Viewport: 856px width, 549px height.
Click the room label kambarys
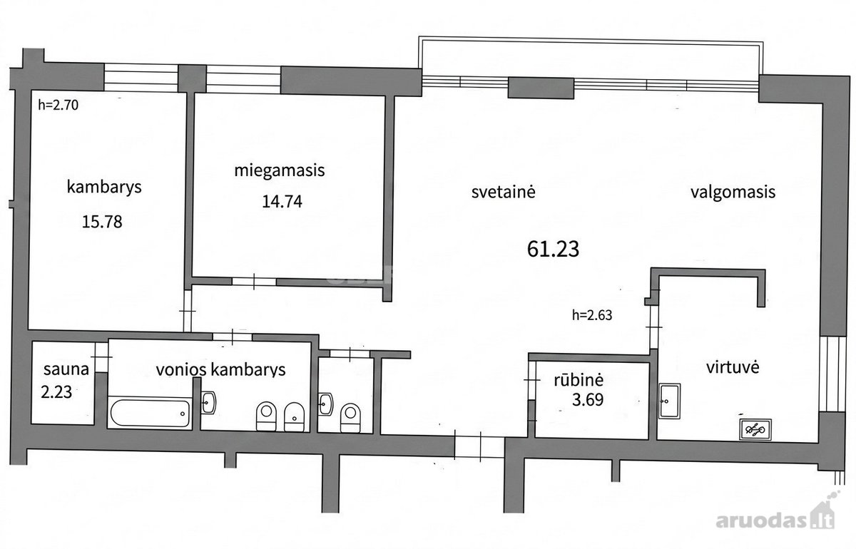pos(104,188)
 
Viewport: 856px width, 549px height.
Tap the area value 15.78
pos(102,222)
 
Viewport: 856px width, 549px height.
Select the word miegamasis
pos(280,170)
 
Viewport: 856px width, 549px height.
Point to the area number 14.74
pos(282,201)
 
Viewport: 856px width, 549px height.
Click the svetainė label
pos(504,191)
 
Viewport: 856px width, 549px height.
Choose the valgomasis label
pos(733,193)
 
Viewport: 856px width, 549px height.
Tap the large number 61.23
pos(553,249)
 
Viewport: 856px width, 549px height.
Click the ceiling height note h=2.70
pos(58,105)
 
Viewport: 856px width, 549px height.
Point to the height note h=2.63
pos(592,315)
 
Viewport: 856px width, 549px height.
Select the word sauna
pos(66,369)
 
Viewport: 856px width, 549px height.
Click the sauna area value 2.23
pos(56,392)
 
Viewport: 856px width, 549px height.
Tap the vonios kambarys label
pos(220,370)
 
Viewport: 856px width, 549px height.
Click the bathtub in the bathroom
pos(150,413)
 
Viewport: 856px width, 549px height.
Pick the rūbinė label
pos(579,380)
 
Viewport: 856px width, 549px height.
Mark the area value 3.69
pos(588,399)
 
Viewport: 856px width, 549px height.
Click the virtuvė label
pos(733,367)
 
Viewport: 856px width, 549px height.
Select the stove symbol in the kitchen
pos(755,429)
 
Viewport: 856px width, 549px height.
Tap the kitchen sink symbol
pos(669,401)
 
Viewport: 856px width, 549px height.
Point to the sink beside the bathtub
pos(208,402)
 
